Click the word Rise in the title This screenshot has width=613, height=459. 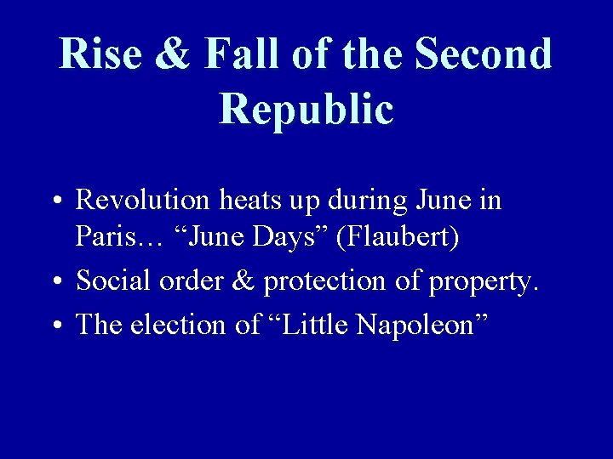tap(99, 54)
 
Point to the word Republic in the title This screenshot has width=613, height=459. tap(306, 110)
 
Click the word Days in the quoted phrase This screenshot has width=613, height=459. tap(287, 238)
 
